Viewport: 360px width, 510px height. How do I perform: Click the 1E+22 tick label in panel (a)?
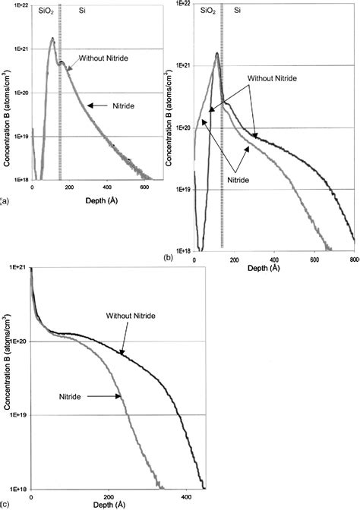17,6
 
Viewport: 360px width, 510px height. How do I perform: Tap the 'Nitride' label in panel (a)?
120,105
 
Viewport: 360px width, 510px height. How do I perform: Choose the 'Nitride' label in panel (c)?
72,395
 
